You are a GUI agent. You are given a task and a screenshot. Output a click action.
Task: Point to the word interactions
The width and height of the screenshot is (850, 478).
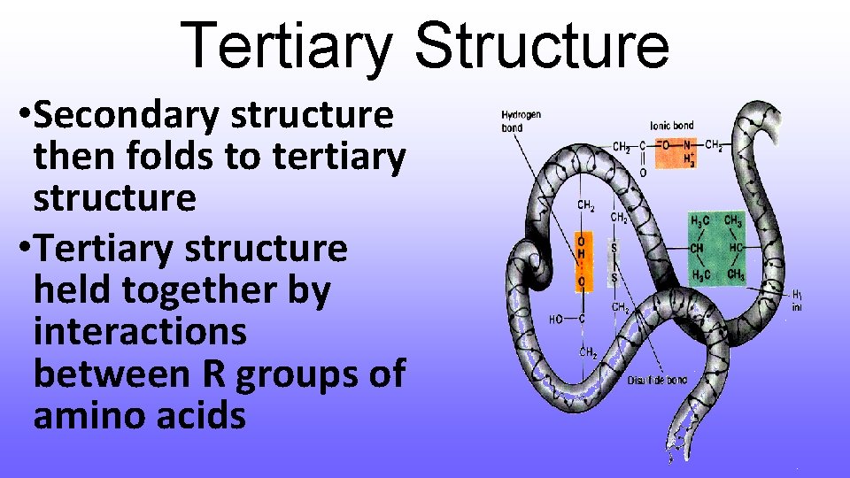click(140, 332)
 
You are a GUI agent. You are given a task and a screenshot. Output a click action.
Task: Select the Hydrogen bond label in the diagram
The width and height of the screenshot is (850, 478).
click(521, 121)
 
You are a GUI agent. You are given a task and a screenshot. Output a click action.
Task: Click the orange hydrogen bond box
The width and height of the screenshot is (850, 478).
click(580, 263)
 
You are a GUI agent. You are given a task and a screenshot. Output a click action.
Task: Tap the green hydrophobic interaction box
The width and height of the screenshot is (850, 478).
click(716, 248)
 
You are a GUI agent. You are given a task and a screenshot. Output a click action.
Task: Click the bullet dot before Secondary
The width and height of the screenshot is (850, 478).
click(22, 115)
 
